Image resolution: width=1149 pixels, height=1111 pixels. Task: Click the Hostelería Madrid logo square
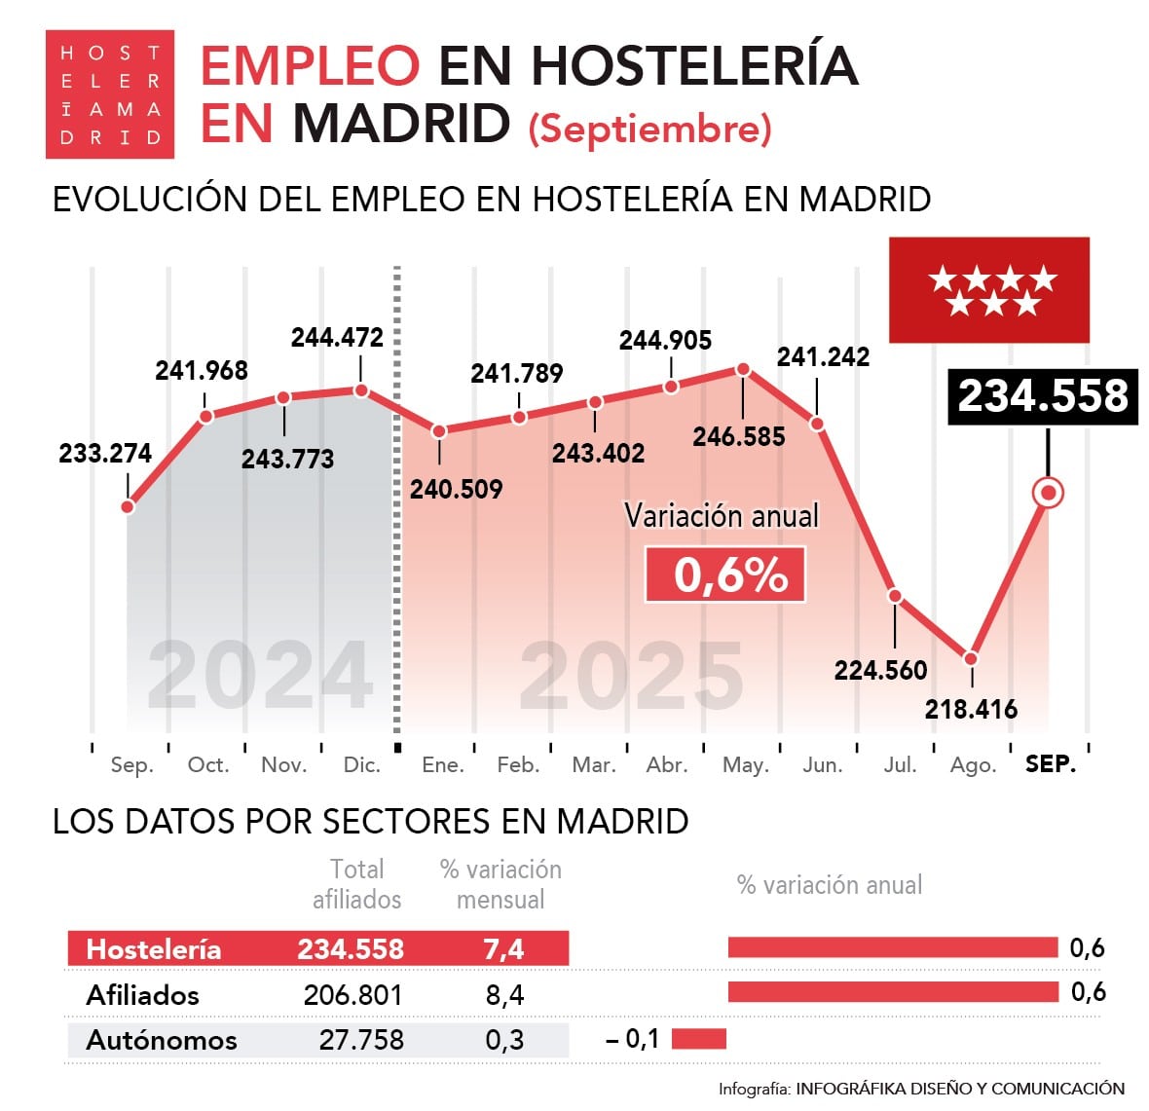tap(109, 94)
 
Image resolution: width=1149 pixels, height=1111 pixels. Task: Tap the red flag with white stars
tap(988, 289)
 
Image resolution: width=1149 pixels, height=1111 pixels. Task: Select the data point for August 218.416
tap(971, 658)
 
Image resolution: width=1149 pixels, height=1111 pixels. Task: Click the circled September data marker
tap(1048, 493)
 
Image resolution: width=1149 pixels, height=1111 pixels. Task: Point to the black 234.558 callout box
tap(1043, 396)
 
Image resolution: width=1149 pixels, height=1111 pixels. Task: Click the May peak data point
tap(743, 369)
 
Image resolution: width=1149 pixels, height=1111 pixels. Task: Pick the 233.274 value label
tap(105, 453)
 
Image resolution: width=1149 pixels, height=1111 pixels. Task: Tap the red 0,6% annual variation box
tap(725, 574)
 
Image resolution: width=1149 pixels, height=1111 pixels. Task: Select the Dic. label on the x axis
tap(361, 765)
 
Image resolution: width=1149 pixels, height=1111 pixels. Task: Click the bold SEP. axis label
tap(1051, 764)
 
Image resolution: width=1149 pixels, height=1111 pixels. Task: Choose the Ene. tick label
tap(442, 765)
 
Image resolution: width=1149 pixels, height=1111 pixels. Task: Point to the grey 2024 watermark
tap(261, 676)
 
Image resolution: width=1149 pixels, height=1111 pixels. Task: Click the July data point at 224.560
tap(895, 596)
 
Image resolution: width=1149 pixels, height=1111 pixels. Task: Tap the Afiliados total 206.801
tap(352, 995)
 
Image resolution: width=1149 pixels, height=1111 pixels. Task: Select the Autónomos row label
tap(162, 1040)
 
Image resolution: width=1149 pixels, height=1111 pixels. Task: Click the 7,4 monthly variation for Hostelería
tap(503, 949)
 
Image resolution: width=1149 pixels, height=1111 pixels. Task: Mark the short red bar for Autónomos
tap(698, 1038)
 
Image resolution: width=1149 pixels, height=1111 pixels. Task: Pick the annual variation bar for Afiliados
tap(892, 992)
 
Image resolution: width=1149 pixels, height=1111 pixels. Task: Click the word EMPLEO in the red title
tap(310, 66)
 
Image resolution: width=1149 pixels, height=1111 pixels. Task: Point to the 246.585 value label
tap(738, 436)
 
